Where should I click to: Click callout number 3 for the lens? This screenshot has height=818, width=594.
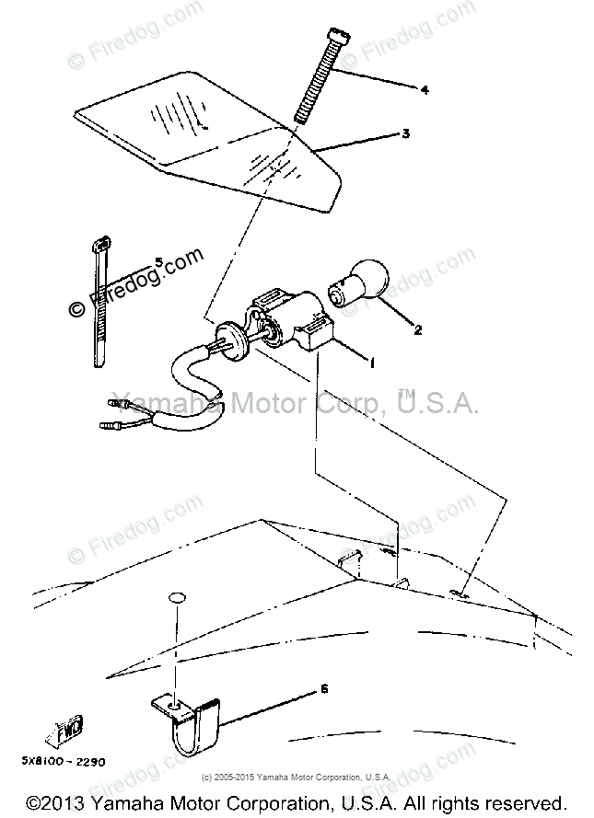click(x=405, y=133)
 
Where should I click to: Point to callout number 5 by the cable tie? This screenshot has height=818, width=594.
click(x=158, y=262)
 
